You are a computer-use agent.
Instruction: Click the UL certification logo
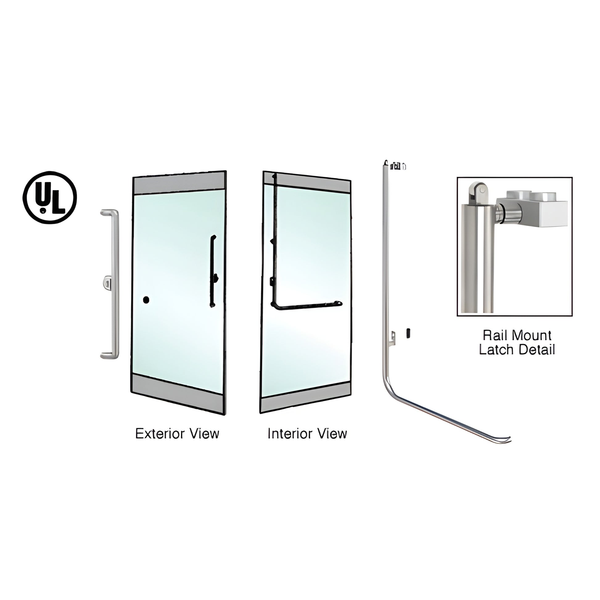click(x=50, y=198)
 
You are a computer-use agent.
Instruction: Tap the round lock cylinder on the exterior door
click(x=146, y=300)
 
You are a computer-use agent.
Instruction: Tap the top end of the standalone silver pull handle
click(x=109, y=212)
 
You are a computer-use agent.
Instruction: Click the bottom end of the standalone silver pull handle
click(x=109, y=355)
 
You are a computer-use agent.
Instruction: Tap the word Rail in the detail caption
click(x=495, y=335)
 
